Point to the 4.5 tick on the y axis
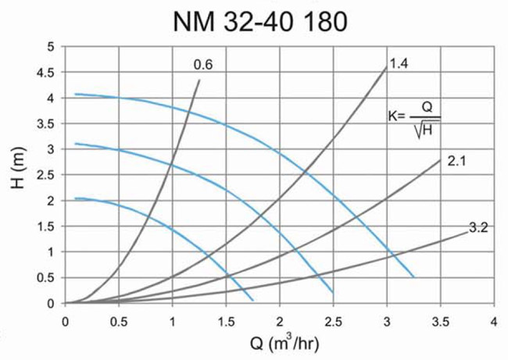coord(48,73)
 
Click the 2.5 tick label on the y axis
coord(48,175)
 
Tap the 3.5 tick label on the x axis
coord(440,320)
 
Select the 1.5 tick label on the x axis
coord(226,320)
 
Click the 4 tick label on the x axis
coord(494,320)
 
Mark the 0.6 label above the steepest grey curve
coord(203,66)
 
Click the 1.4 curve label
coord(399,62)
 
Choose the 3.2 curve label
coord(478,228)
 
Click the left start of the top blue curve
coord(75,94)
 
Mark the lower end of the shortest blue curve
coord(253,300)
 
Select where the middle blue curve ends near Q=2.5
coord(333,292)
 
